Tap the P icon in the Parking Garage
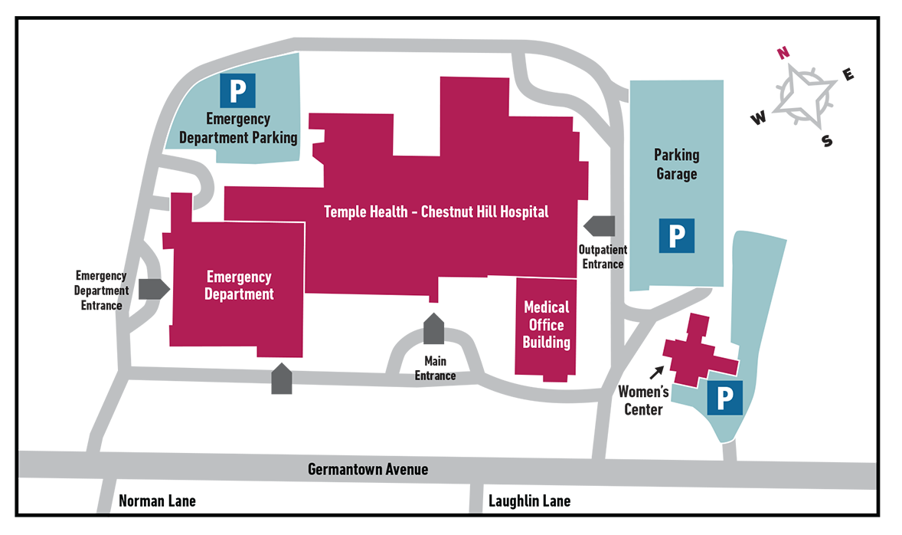[677, 235]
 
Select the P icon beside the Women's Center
[724, 398]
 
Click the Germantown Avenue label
[368, 468]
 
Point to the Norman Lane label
[157, 501]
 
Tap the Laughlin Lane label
[529, 501]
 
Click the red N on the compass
[782, 53]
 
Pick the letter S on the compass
[826, 141]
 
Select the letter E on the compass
[848, 74]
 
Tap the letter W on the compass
[758, 118]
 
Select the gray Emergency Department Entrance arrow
[154, 289]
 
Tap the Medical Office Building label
[546, 324]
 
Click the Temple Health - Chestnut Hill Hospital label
[436, 212]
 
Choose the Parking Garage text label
[676, 164]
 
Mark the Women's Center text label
[643, 401]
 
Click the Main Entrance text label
[435, 368]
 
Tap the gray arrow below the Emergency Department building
[282, 379]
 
